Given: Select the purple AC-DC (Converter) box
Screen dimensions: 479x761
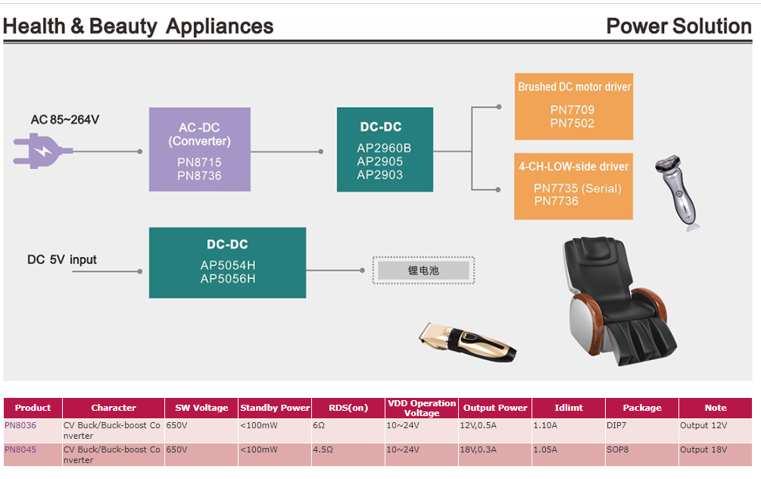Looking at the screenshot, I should pyautogui.click(x=199, y=149).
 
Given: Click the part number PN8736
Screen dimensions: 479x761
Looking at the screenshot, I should pyautogui.click(x=199, y=176).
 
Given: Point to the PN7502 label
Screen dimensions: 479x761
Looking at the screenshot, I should pyautogui.click(x=572, y=124).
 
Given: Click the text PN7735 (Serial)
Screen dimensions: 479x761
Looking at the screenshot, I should pyautogui.click(x=577, y=188).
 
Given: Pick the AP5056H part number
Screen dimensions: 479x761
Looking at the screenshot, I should pyautogui.click(x=228, y=279).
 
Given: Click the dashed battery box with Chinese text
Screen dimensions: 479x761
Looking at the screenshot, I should pyautogui.click(x=423, y=271).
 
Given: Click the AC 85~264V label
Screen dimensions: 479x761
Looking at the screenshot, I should pyautogui.click(x=65, y=120).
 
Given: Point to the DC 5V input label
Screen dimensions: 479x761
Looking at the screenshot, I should pyautogui.click(x=62, y=260).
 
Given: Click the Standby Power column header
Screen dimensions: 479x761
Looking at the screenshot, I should pyautogui.click(x=275, y=408).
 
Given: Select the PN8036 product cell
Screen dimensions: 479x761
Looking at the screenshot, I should pyautogui.click(x=20, y=425).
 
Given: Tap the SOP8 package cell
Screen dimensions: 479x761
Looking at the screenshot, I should pyautogui.click(x=618, y=449).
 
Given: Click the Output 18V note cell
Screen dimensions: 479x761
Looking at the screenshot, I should pyautogui.click(x=703, y=449).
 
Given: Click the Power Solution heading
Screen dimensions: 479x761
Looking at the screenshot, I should pyautogui.click(x=678, y=27).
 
